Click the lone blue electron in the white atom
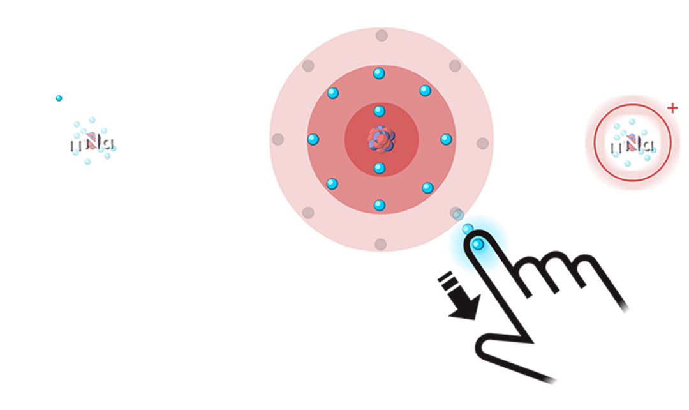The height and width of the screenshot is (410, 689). click(59, 98)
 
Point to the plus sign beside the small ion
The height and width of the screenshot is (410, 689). click(674, 106)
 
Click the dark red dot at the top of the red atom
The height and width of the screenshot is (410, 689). click(382, 35)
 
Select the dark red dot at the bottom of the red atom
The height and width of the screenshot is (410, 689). click(381, 244)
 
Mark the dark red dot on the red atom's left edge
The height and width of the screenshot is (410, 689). click(278, 139)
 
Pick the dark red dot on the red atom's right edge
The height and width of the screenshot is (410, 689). click(483, 143)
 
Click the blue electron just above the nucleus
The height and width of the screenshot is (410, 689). click(379, 111)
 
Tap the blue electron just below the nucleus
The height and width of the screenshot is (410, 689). click(379, 168)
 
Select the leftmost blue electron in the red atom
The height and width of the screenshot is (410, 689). click(313, 139)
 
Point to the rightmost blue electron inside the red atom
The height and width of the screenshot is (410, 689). click(446, 139)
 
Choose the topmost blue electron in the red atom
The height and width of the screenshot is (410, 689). click(379, 73)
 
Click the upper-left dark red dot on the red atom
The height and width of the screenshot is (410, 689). click(308, 65)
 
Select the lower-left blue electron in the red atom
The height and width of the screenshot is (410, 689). click(332, 184)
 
